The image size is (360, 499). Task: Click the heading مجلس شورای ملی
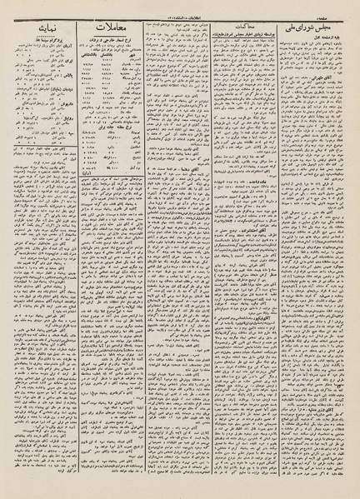(x=312, y=24)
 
